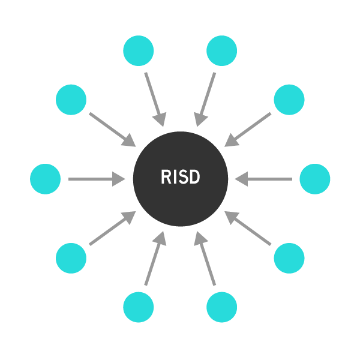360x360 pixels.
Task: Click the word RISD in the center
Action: (180, 178)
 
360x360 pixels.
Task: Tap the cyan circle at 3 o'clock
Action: (314, 179)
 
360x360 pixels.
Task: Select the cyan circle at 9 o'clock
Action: (46, 179)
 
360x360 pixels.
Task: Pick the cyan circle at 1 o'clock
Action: (221, 51)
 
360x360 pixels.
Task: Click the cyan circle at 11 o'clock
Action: (139, 51)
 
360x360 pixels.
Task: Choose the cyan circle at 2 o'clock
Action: (289, 100)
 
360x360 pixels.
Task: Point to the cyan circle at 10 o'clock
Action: (71, 100)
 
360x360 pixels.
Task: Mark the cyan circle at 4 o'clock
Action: (289, 258)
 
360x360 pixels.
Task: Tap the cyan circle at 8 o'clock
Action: (71, 258)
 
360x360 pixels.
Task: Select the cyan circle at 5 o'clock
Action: (221, 307)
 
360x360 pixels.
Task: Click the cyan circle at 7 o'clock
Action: (139, 307)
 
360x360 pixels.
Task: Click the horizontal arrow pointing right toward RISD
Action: (96, 179)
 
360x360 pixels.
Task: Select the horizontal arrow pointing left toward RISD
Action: (264, 179)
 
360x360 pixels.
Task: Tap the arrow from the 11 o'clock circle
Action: (154, 100)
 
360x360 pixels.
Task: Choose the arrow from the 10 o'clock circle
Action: (112, 130)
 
